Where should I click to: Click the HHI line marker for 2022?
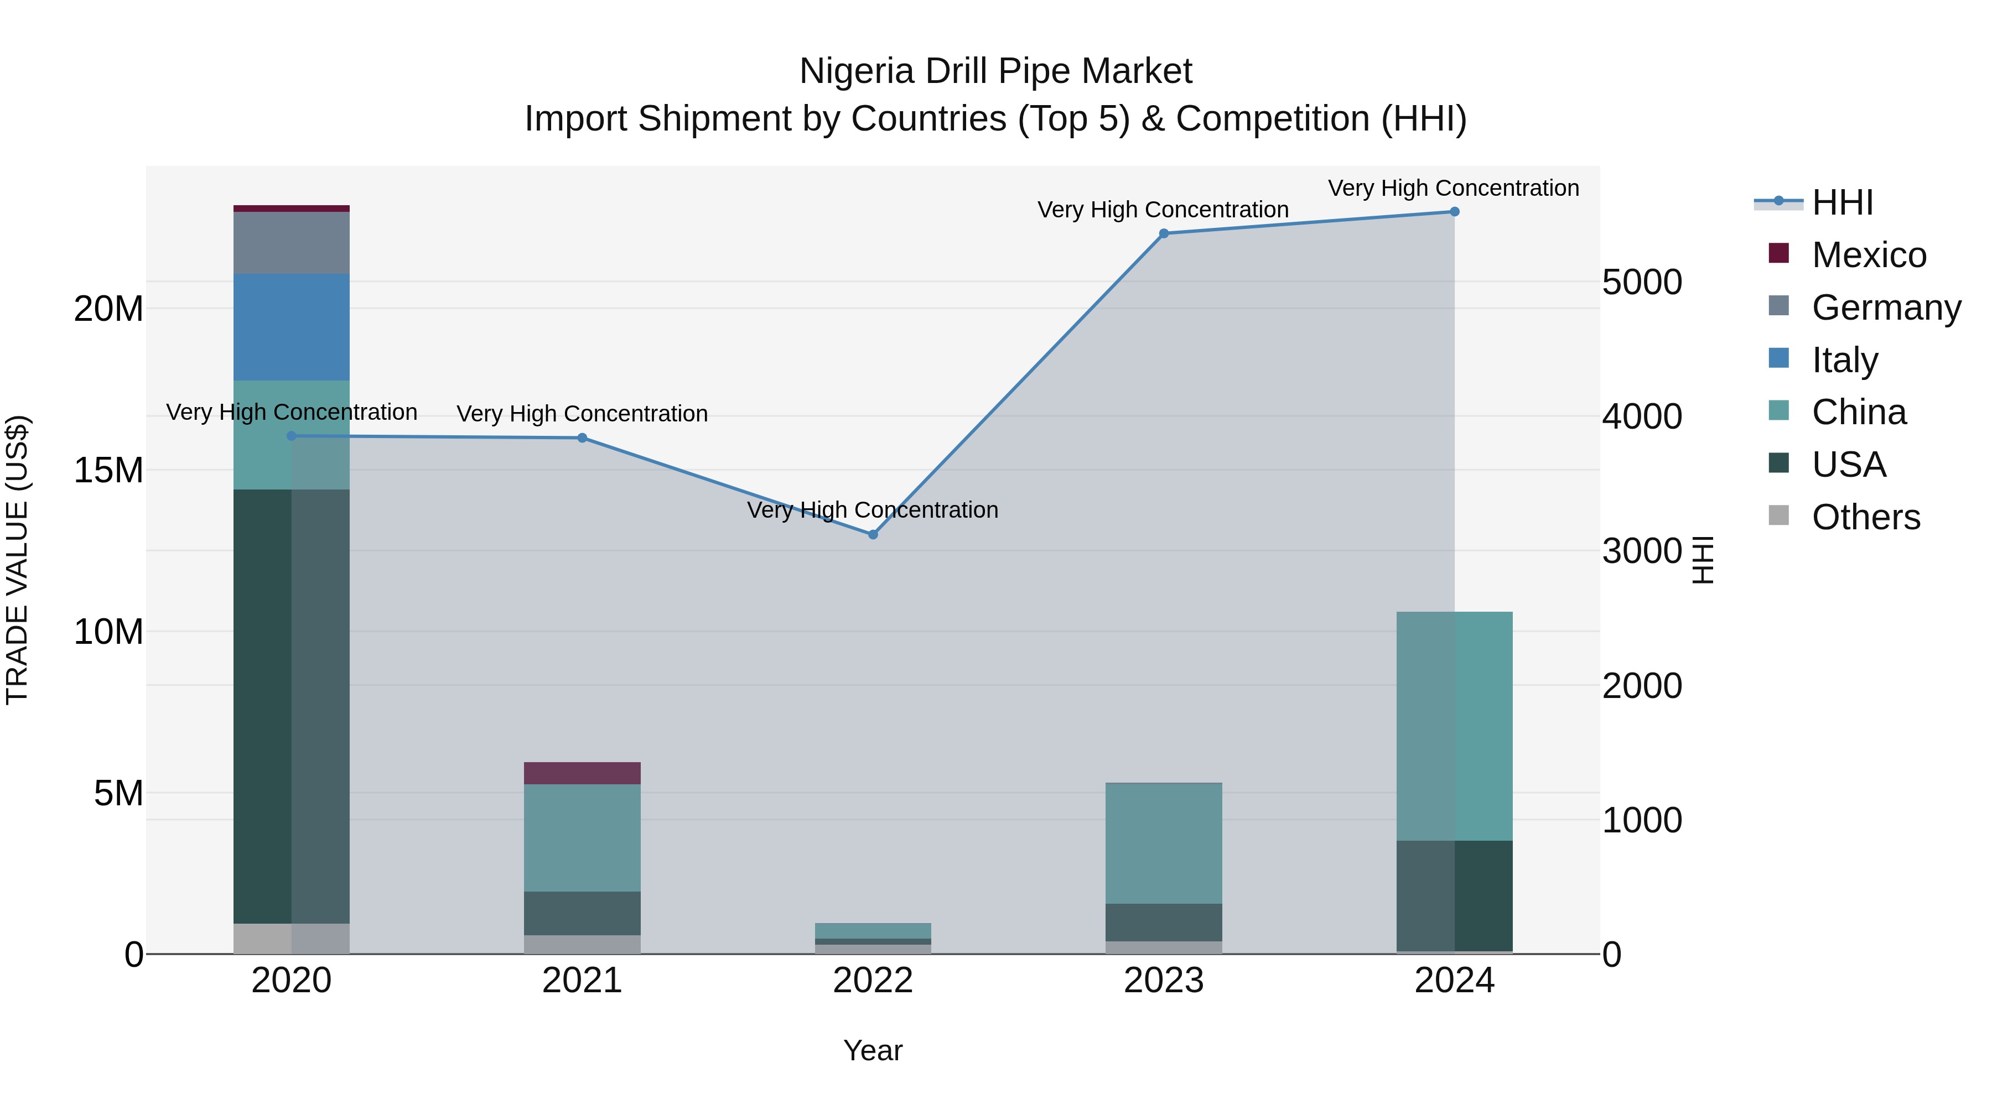(x=873, y=534)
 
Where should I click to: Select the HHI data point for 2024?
(x=1454, y=212)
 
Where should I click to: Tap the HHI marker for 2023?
(x=1164, y=233)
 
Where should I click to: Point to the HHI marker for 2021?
(x=582, y=438)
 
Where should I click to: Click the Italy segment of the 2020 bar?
(x=292, y=327)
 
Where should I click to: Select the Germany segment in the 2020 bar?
(x=292, y=243)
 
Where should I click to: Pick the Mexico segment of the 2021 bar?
(x=582, y=773)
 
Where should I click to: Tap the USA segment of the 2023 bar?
(x=1164, y=922)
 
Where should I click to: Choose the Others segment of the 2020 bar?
(x=292, y=939)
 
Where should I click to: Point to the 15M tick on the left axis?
(x=108, y=470)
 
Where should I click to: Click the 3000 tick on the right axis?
(x=1642, y=551)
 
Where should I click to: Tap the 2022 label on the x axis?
(x=873, y=981)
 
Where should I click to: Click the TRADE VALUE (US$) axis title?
(x=17, y=560)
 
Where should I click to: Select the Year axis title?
(x=873, y=1050)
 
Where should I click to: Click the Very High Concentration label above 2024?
(x=1453, y=188)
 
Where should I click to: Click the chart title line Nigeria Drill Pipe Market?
(x=995, y=71)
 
